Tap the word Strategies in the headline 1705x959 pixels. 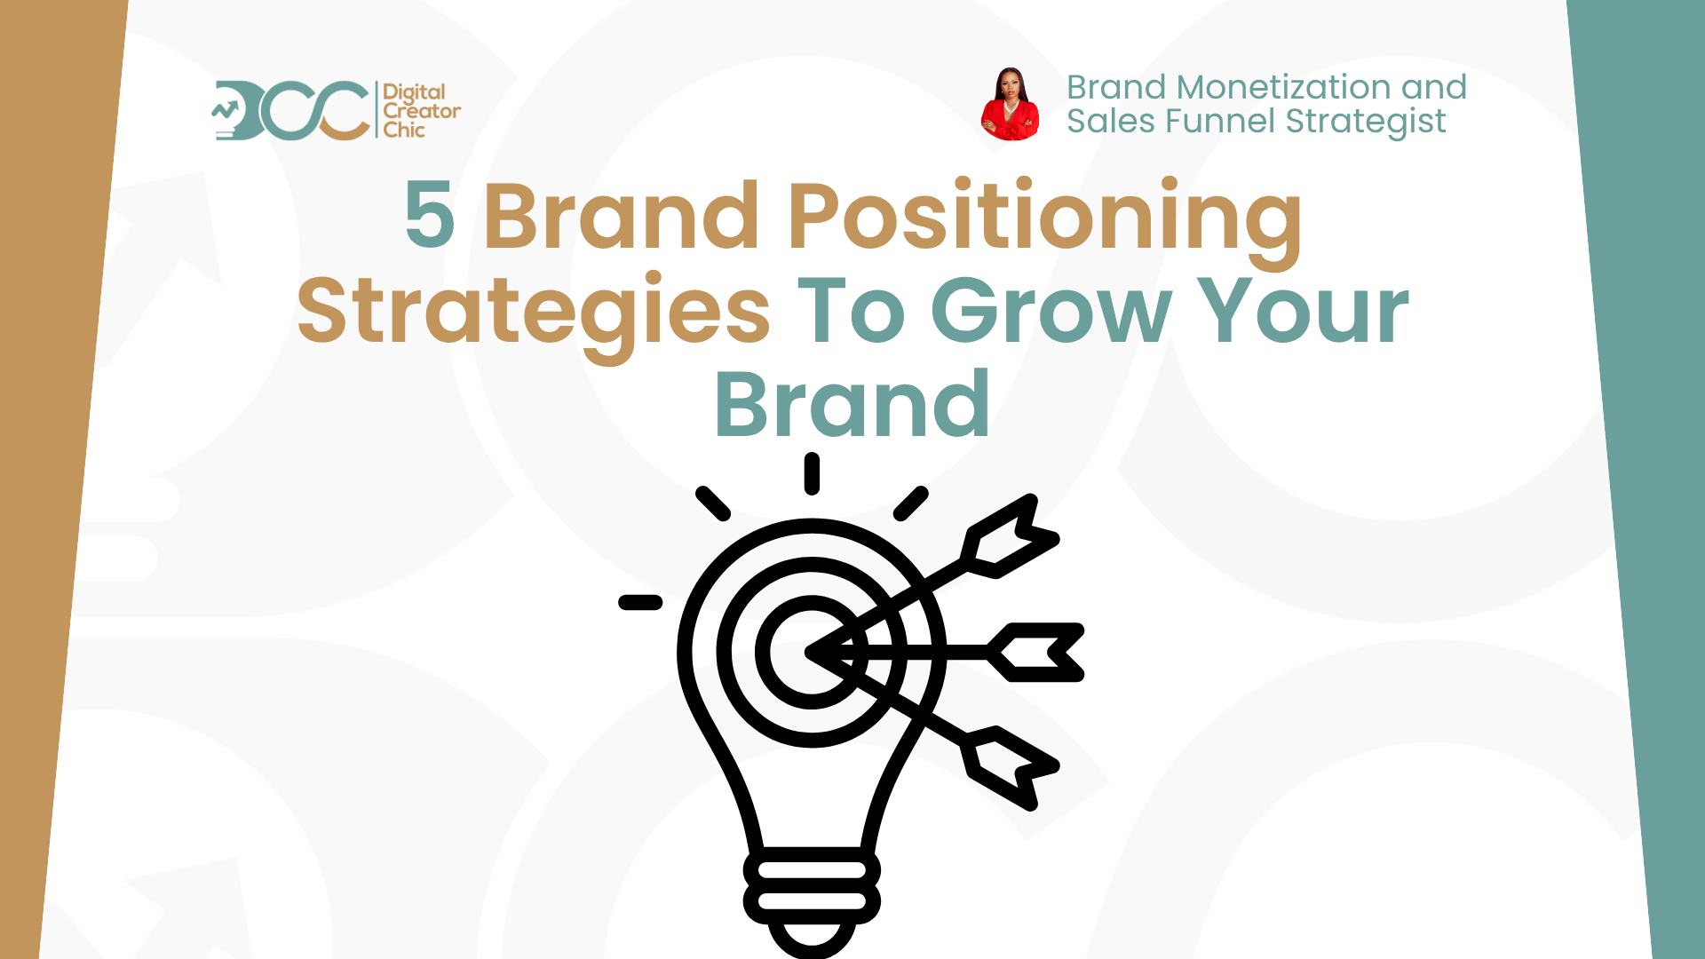click(x=534, y=312)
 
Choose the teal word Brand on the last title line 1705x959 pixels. click(x=852, y=406)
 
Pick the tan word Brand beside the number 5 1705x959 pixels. click(x=621, y=216)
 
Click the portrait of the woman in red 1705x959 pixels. click(x=1011, y=105)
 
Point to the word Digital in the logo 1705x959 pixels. click(x=414, y=93)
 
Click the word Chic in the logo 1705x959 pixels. click(x=404, y=130)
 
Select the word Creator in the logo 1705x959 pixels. click(x=422, y=111)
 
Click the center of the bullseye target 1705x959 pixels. click(x=810, y=653)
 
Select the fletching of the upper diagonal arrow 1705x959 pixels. click(x=1011, y=537)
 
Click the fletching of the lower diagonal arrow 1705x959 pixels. click(x=1011, y=768)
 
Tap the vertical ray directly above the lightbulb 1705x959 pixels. click(x=812, y=473)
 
